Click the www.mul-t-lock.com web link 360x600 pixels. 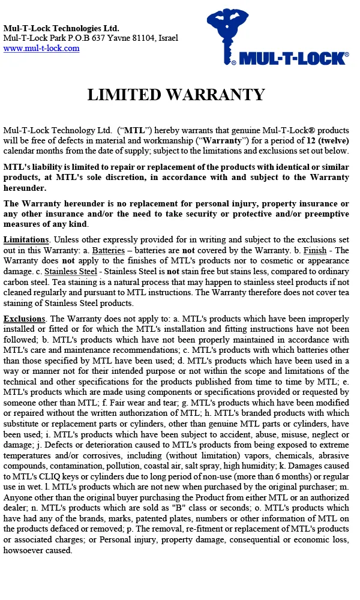coord(41,49)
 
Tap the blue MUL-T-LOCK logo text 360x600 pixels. coord(293,58)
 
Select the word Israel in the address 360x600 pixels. coord(166,38)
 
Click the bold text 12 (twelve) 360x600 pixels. coord(325,140)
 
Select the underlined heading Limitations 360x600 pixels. coord(25,239)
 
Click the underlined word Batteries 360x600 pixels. coord(109,250)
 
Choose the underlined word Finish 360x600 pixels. coord(314,250)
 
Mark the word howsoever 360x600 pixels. coord(25,550)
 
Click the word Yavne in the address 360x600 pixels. coord(114,38)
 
